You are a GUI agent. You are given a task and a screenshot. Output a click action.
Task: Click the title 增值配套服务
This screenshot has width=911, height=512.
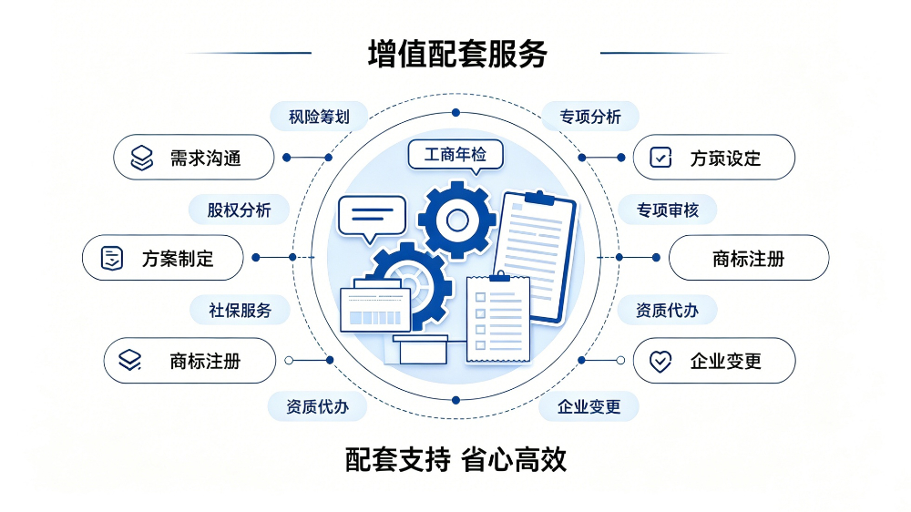457,54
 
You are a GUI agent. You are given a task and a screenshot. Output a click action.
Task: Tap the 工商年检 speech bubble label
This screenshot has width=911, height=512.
455,155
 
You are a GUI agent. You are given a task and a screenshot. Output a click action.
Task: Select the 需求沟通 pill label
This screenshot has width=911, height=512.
193,158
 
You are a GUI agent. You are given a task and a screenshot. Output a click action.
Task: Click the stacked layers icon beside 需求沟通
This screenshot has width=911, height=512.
142,158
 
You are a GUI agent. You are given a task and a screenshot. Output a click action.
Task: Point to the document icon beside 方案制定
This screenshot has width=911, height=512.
111,258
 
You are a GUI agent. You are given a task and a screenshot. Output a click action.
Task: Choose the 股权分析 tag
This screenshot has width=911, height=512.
239,210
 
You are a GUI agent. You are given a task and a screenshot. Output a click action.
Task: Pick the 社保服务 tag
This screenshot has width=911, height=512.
240,311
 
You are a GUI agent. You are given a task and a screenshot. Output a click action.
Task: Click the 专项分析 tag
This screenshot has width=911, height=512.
590,117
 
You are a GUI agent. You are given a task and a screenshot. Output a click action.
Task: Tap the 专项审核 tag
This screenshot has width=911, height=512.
668,210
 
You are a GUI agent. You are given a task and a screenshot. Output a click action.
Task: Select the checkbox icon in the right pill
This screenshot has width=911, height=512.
660,158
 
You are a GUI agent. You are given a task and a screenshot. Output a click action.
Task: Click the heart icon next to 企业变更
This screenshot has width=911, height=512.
660,361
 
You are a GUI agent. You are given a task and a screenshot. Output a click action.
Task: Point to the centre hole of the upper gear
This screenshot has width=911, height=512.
457,220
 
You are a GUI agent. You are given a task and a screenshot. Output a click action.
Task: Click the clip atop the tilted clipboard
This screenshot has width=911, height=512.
539,198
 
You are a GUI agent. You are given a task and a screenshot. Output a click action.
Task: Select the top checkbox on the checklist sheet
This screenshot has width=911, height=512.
480,297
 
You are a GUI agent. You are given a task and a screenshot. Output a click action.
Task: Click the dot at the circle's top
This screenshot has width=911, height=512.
455,113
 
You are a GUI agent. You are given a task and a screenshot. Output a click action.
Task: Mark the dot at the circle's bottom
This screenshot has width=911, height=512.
455,401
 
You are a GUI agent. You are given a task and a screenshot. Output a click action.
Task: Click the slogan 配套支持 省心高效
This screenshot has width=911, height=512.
456,460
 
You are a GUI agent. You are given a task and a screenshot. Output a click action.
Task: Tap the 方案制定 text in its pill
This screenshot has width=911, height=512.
178,259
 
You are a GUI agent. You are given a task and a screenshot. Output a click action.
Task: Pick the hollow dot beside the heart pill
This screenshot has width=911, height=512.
620,361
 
